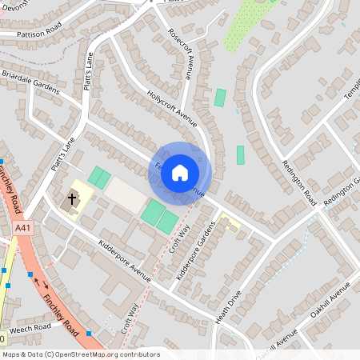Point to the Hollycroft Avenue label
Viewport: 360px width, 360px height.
(x=171, y=108)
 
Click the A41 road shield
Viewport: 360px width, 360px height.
(x=24, y=229)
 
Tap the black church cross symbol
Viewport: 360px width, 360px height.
(x=72, y=198)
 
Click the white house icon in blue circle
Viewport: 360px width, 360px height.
(x=180, y=173)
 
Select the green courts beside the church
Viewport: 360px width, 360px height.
(x=99, y=177)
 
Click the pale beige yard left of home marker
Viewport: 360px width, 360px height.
(x=126, y=192)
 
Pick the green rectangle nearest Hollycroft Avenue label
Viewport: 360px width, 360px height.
(x=220, y=98)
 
